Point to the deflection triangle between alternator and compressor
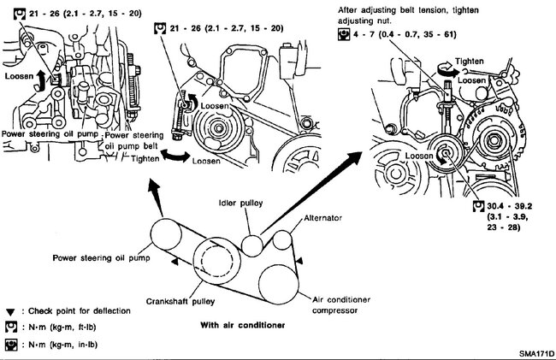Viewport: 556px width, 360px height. point(299,259)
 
